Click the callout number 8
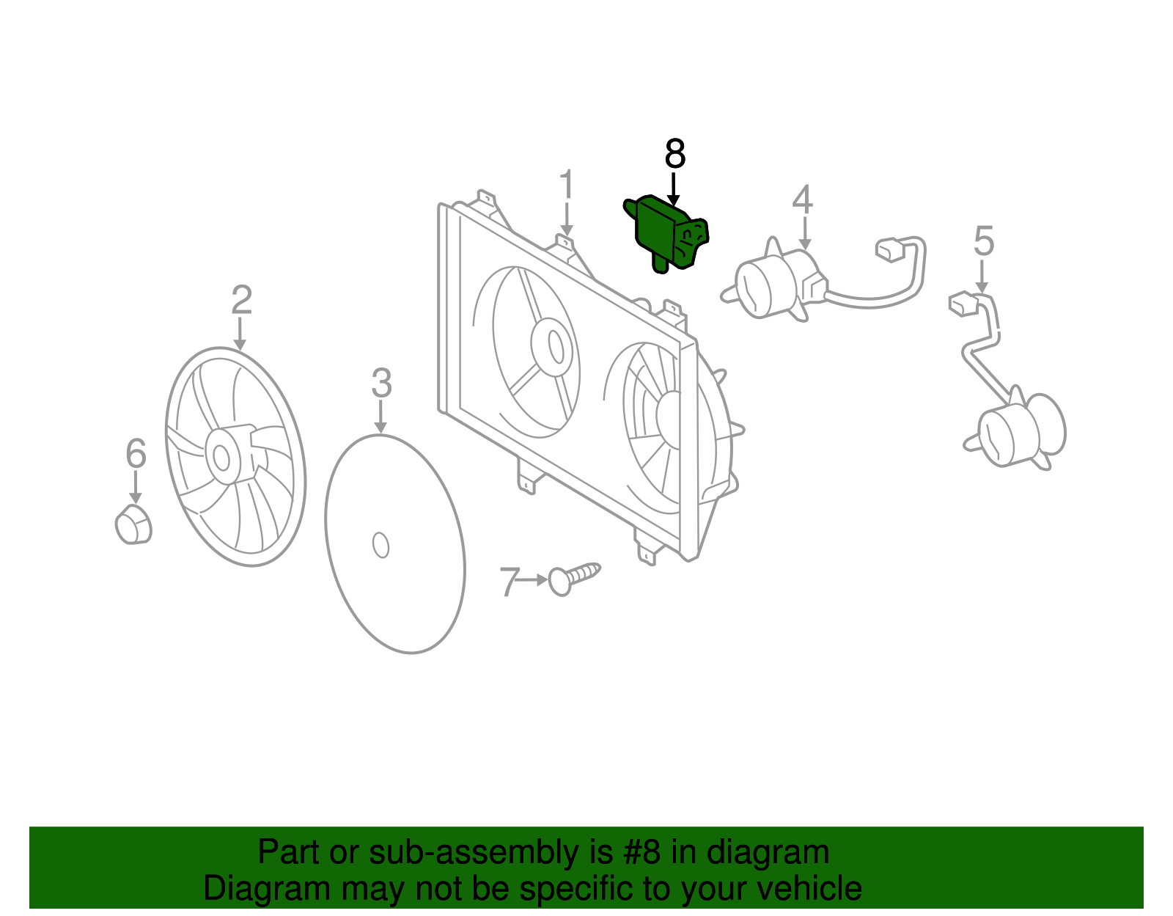(674, 154)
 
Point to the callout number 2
(241, 301)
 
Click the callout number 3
(381, 383)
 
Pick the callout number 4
(803, 199)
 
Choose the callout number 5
(983, 241)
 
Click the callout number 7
(510, 582)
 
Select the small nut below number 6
(133, 524)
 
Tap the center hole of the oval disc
(380, 545)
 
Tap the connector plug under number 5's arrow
(963, 303)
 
